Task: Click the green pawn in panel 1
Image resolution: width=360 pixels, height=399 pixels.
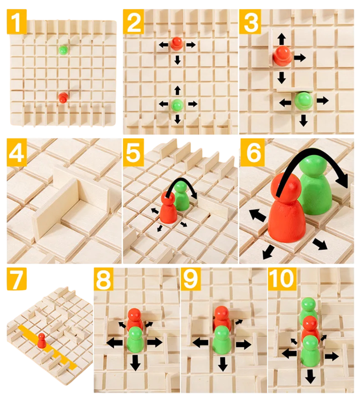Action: [63, 50]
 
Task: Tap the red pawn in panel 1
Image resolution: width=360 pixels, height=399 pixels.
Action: [63, 97]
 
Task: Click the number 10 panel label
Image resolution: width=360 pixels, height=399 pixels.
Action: [282, 279]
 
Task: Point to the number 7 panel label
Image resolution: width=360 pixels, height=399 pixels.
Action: [17, 279]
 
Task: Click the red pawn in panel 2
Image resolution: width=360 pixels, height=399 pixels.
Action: [176, 43]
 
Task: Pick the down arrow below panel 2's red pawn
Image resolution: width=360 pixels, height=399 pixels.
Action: [178, 60]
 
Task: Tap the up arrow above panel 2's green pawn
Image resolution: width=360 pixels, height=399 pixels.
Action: [178, 91]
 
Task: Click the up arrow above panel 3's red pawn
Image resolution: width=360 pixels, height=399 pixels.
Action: [281, 39]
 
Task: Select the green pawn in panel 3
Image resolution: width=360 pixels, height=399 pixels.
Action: [304, 101]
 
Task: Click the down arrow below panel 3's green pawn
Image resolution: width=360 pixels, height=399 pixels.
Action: [303, 120]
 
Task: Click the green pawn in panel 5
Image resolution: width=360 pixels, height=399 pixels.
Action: [182, 195]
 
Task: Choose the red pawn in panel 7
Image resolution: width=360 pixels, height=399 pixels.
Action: [42, 340]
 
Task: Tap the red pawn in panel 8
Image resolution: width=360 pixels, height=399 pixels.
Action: [135, 318]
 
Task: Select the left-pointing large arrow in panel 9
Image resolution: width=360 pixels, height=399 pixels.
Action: [201, 343]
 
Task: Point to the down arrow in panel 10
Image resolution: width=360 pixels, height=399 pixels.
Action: [310, 376]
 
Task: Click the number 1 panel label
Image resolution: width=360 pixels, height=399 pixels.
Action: [17, 22]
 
